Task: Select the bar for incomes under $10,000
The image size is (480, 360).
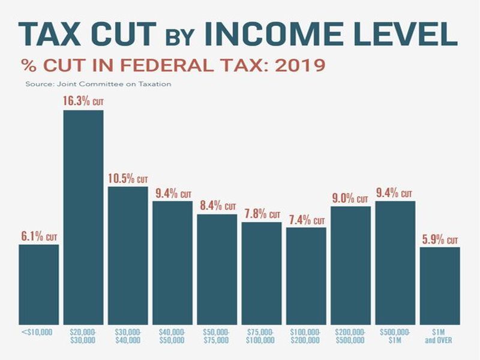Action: tap(39, 284)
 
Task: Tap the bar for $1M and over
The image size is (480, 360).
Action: tap(440, 286)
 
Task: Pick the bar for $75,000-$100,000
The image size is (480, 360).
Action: tap(262, 274)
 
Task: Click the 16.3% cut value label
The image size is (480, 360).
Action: tap(83, 101)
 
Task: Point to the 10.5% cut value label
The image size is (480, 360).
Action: tap(128, 178)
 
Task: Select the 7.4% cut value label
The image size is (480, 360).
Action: tap(306, 219)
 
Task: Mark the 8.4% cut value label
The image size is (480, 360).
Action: tap(217, 206)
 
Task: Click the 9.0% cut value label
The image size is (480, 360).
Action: tap(350, 198)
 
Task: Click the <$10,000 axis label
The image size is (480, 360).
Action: tap(39, 332)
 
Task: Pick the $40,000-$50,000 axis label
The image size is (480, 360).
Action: tap(172, 335)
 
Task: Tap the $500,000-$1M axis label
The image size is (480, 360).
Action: tap(395, 335)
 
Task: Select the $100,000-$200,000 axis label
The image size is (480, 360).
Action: tap(306, 335)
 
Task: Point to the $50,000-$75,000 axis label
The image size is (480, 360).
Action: tap(217, 335)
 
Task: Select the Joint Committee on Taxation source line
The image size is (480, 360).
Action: tap(98, 84)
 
